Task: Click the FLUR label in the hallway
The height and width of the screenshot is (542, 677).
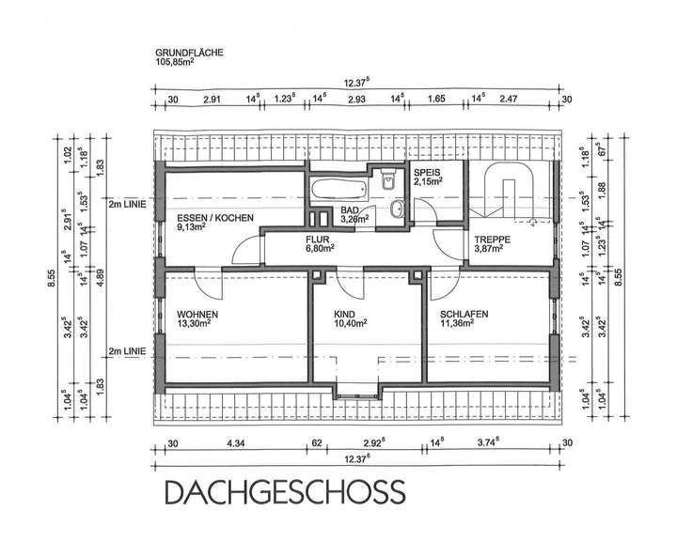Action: click(x=317, y=240)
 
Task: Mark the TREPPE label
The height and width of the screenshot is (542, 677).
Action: click(x=492, y=240)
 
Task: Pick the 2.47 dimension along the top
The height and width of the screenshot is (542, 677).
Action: click(x=509, y=98)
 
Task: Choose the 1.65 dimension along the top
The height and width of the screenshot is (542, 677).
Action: click(x=436, y=98)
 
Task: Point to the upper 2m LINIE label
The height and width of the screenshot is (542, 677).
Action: click(x=127, y=203)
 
